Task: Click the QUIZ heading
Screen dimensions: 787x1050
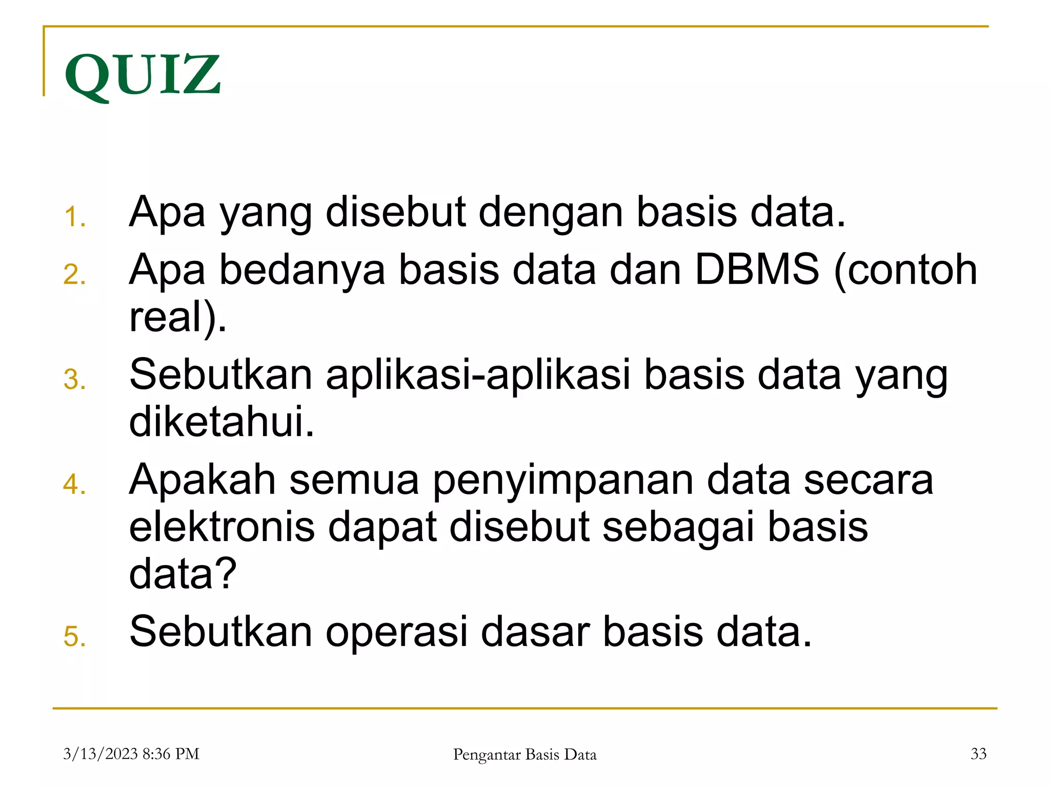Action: coord(143,75)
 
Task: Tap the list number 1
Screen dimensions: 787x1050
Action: coord(75,217)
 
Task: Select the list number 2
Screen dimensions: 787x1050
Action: coord(75,275)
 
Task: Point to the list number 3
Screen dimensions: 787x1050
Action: coord(75,380)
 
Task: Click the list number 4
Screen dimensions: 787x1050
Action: coord(75,485)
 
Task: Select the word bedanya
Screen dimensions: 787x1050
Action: coord(302,270)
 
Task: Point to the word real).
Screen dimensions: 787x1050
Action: coord(177,318)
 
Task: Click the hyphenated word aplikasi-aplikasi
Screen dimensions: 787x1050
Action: coord(478,375)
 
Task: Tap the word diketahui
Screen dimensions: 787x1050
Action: coord(221,422)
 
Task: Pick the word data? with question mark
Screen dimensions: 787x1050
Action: coord(183,574)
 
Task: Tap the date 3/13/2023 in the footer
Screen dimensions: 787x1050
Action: coord(100,754)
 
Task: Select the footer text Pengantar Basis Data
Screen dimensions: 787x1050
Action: coord(524,754)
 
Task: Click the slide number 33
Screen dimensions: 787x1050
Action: coord(978,754)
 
